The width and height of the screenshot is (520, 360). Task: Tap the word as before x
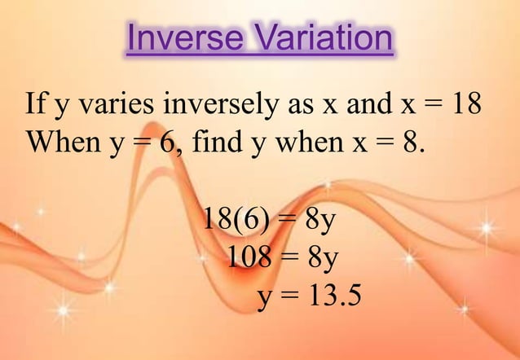(x=297, y=108)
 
